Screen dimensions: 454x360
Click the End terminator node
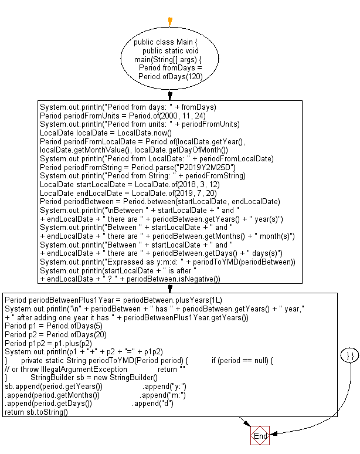click(260, 436)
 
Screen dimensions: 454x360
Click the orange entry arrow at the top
click(170, 22)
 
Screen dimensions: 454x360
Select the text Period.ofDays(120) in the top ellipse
click(169, 76)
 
